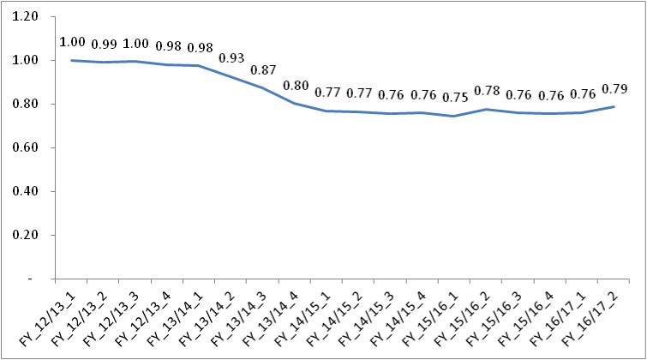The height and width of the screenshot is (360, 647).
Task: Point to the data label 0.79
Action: (x=614, y=88)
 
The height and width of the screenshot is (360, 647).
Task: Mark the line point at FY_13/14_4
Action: (x=296, y=104)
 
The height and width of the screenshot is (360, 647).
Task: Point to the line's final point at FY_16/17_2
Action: (x=614, y=107)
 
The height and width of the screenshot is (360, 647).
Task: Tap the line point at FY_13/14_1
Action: (x=199, y=66)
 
